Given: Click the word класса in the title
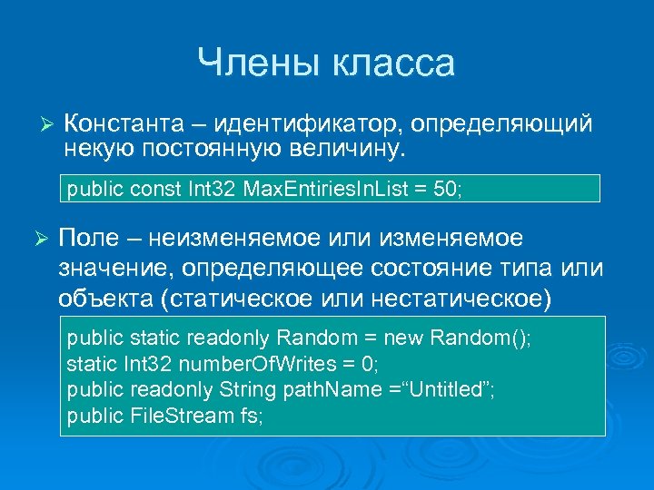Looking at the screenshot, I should (x=392, y=63).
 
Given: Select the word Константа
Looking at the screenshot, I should (x=116, y=122).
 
